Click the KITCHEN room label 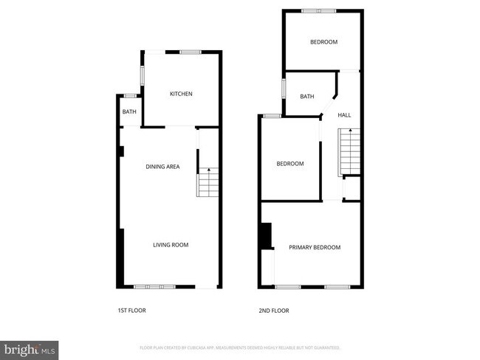tap(181, 94)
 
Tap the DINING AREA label tap(162, 167)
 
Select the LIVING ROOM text tap(171, 245)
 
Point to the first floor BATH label tap(129, 112)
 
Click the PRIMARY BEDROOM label tap(315, 247)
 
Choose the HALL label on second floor tap(344, 115)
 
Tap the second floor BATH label tap(307, 97)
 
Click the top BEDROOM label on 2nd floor tap(323, 42)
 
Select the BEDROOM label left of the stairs tap(290, 164)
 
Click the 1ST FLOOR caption tap(132, 311)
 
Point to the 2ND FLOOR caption tap(273, 311)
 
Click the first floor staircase tap(208, 182)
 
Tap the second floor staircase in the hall tap(349, 151)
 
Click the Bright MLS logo tap(30, 347)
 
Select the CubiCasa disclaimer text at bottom tap(239, 347)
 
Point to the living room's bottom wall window tap(155, 287)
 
